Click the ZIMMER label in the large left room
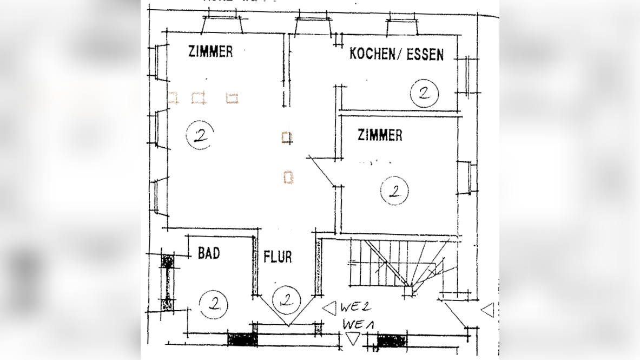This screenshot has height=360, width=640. [x=210, y=51]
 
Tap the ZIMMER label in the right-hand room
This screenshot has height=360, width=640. [x=380, y=135]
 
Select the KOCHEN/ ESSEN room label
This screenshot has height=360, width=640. [x=396, y=54]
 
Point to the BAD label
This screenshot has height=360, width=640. [x=208, y=253]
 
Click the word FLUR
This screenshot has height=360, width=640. [x=278, y=257]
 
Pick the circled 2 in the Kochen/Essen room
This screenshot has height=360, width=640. [x=424, y=93]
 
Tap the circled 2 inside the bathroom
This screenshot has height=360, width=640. [x=214, y=304]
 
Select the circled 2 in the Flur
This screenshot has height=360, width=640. [x=286, y=300]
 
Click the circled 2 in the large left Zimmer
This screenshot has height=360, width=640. [x=200, y=135]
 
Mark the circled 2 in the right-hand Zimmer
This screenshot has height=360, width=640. [x=394, y=191]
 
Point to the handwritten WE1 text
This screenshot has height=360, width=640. [x=358, y=325]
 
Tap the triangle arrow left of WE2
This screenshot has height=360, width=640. [x=329, y=308]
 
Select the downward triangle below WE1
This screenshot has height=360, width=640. [x=353, y=339]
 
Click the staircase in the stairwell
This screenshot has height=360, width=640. [x=400, y=264]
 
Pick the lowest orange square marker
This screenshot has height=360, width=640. [x=288, y=177]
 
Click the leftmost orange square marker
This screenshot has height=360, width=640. [x=173, y=97]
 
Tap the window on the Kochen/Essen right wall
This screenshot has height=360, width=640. [x=464, y=76]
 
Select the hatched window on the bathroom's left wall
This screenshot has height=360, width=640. [x=167, y=283]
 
